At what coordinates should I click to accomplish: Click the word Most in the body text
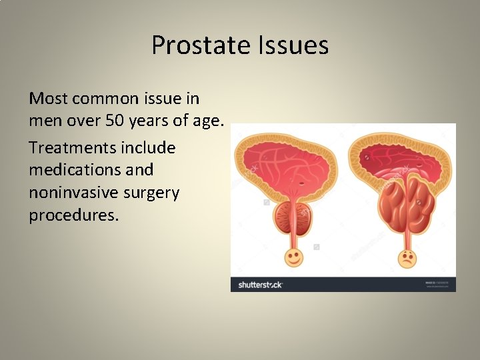[x=47, y=99]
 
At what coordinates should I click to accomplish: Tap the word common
[x=105, y=99]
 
